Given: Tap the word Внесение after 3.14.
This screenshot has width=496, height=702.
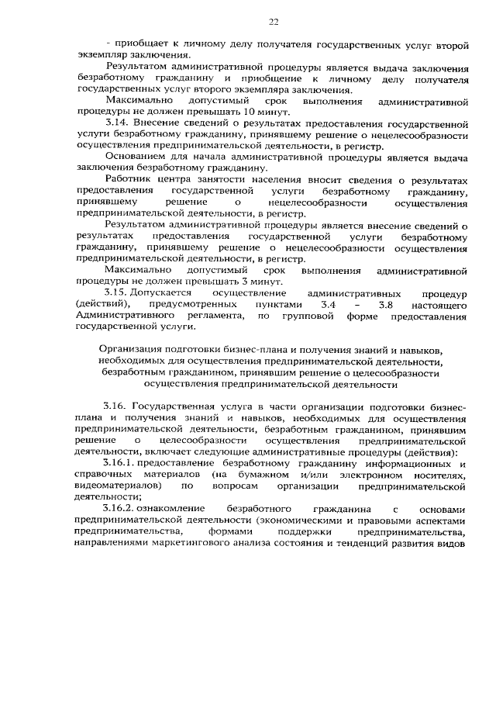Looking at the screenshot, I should pyautogui.click(x=159, y=123).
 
